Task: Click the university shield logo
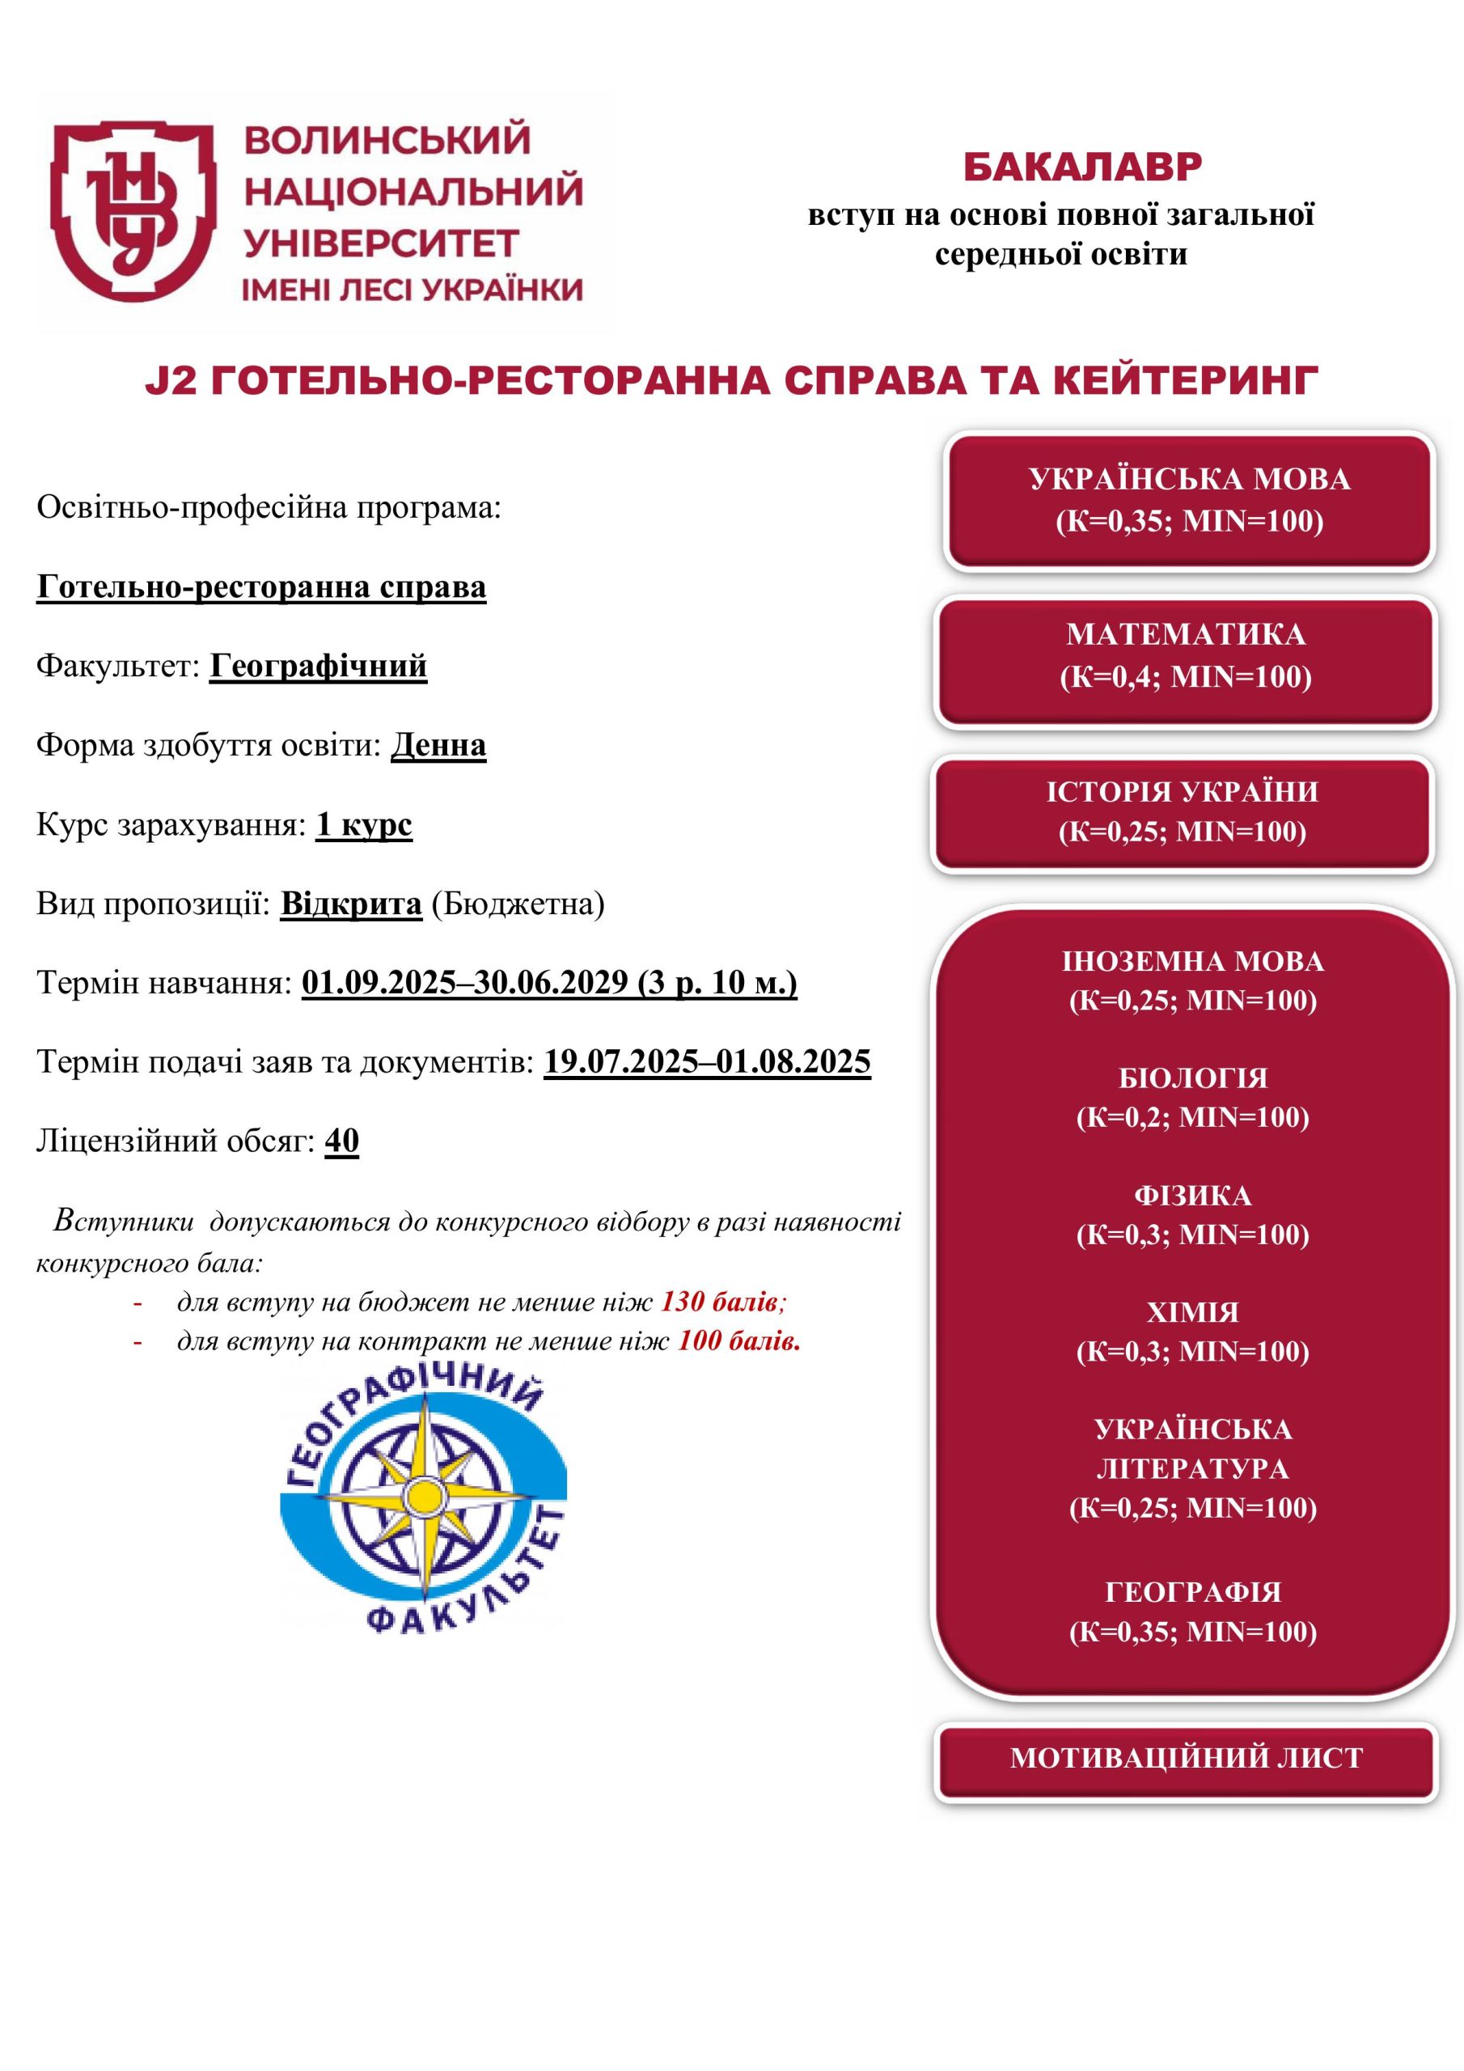click(x=133, y=212)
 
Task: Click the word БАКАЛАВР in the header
click(x=1081, y=167)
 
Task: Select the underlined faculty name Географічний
click(x=318, y=666)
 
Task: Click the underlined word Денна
click(x=438, y=745)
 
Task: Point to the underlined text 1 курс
click(x=363, y=824)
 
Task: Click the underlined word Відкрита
click(x=351, y=904)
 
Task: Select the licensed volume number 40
click(x=342, y=1141)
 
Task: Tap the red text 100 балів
click(x=738, y=1341)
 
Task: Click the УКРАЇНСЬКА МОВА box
click(x=1189, y=501)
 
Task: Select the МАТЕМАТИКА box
click(x=1185, y=656)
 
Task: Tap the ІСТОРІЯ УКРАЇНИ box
click(x=1182, y=811)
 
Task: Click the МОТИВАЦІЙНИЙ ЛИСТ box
click(x=1185, y=1757)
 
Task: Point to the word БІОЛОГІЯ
click(x=1192, y=1078)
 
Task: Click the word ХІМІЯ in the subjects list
click(x=1192, y=1311)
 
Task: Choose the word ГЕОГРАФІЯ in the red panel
click(x=1192, y=1591)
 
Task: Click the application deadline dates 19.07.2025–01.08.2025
click(x=707, y=1061)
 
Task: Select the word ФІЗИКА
click(x=1192, y=1195)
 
